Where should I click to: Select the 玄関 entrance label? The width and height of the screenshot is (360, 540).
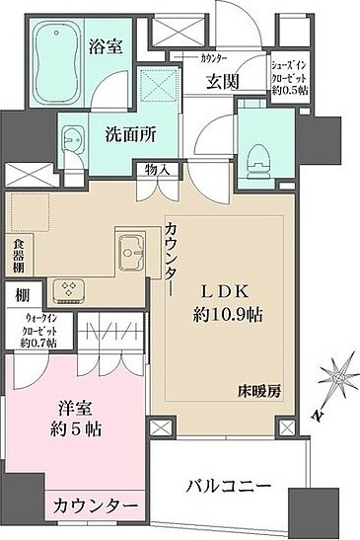coord(224,84)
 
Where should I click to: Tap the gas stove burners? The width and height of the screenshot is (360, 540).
coord(70,286)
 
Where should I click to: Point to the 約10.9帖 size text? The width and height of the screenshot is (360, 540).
coord(229,314)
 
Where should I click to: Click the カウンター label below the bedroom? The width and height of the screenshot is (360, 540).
coord(95,505)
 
